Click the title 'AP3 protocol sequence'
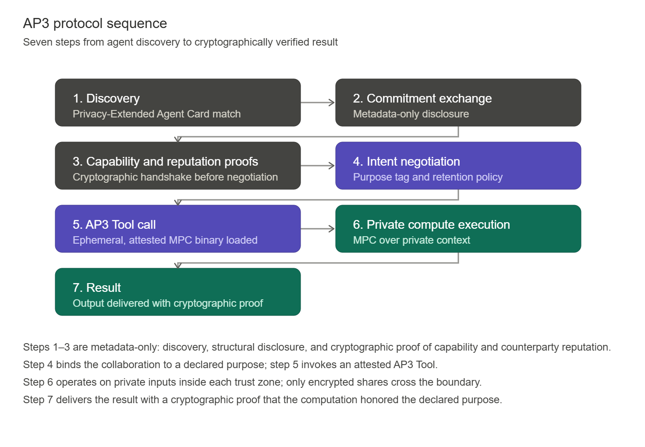95,23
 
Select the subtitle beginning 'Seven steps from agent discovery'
180,42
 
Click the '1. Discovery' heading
106,99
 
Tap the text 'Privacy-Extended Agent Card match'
156,114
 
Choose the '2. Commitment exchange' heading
422,99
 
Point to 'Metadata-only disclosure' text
411,114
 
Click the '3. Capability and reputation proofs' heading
165,162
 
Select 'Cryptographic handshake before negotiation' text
175,177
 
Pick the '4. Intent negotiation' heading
406,162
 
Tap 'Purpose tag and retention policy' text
428,177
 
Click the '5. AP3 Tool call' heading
114,225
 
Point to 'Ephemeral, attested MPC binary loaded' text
165,240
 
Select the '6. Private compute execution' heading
431,225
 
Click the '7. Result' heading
96,288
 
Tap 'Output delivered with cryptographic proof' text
167,303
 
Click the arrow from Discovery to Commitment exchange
318,103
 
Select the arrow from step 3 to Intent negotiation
318,166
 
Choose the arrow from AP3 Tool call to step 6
318,229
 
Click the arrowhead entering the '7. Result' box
178,266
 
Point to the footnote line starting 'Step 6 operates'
252,382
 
